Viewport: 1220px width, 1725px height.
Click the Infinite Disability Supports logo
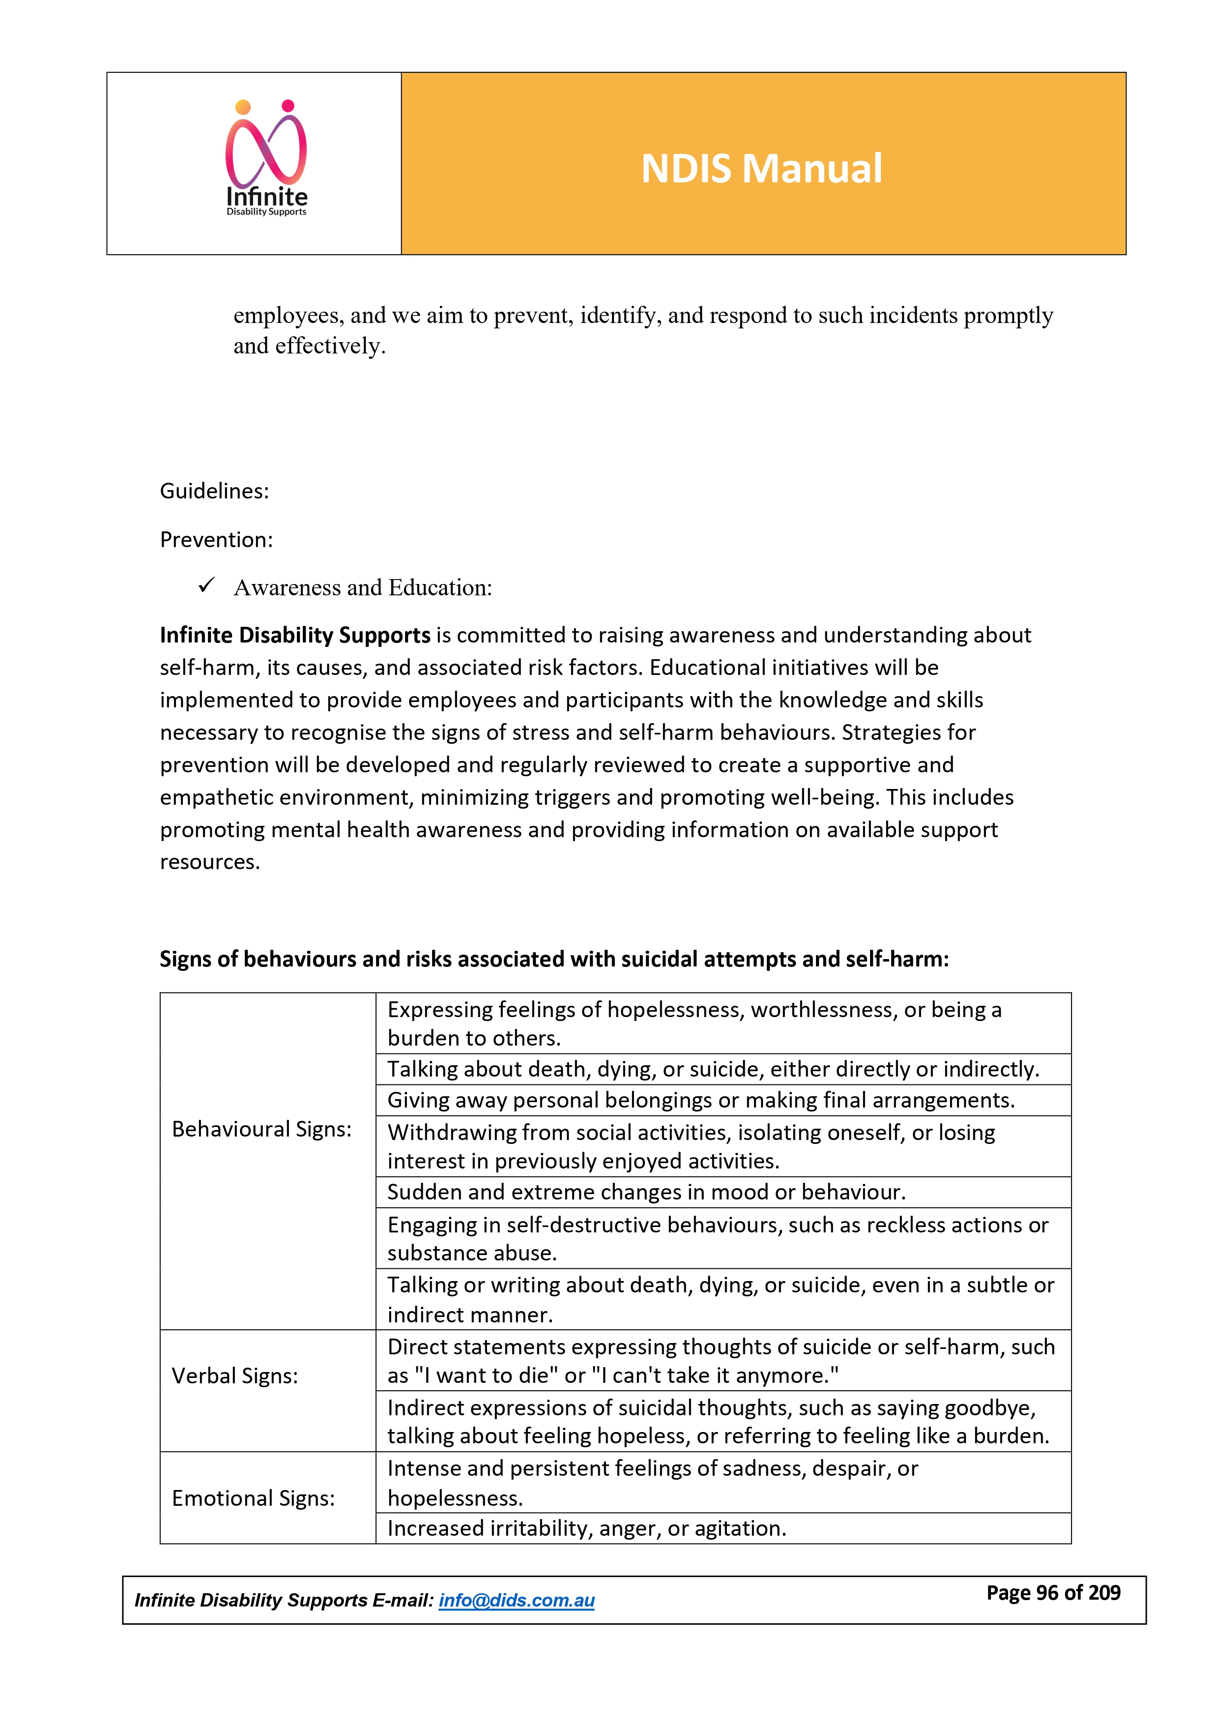click(267, 159)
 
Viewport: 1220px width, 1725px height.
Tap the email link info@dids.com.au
click(516, 1600)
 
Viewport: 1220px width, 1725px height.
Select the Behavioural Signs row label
click(261, 1129)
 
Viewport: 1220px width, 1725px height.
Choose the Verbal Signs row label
click(234, 1375)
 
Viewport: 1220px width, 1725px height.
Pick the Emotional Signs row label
click(253, 1498)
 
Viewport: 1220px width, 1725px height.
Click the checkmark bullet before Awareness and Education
click(206, 586)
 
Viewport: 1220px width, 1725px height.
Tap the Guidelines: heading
click(214, 491)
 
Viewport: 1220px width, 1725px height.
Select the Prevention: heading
click(216, 539)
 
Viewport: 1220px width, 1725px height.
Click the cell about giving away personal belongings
click(700, 1100)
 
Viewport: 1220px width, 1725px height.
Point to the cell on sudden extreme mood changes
click(646, 1192)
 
